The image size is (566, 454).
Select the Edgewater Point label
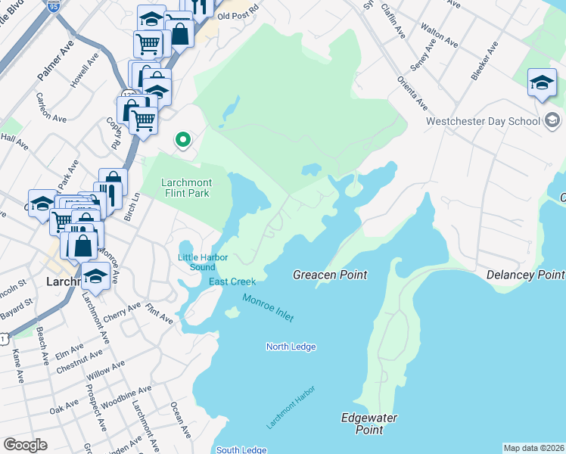click(x=369, y=424)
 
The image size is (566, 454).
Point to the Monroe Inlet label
click(x=267, y=308)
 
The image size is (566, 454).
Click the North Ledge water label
click(x=291, y=347)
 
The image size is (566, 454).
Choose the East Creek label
click(x=227, y=282)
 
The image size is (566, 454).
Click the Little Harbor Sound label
click(x=202, y=262)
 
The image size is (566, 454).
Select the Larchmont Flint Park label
click(x=186, y=188)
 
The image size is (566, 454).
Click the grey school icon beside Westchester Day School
click(x=552, y=120)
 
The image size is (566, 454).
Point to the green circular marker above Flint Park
click(x=182, y=139)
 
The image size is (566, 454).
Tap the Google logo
click(x=25, y=445)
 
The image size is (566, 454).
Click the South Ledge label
click(x=241, y=450)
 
